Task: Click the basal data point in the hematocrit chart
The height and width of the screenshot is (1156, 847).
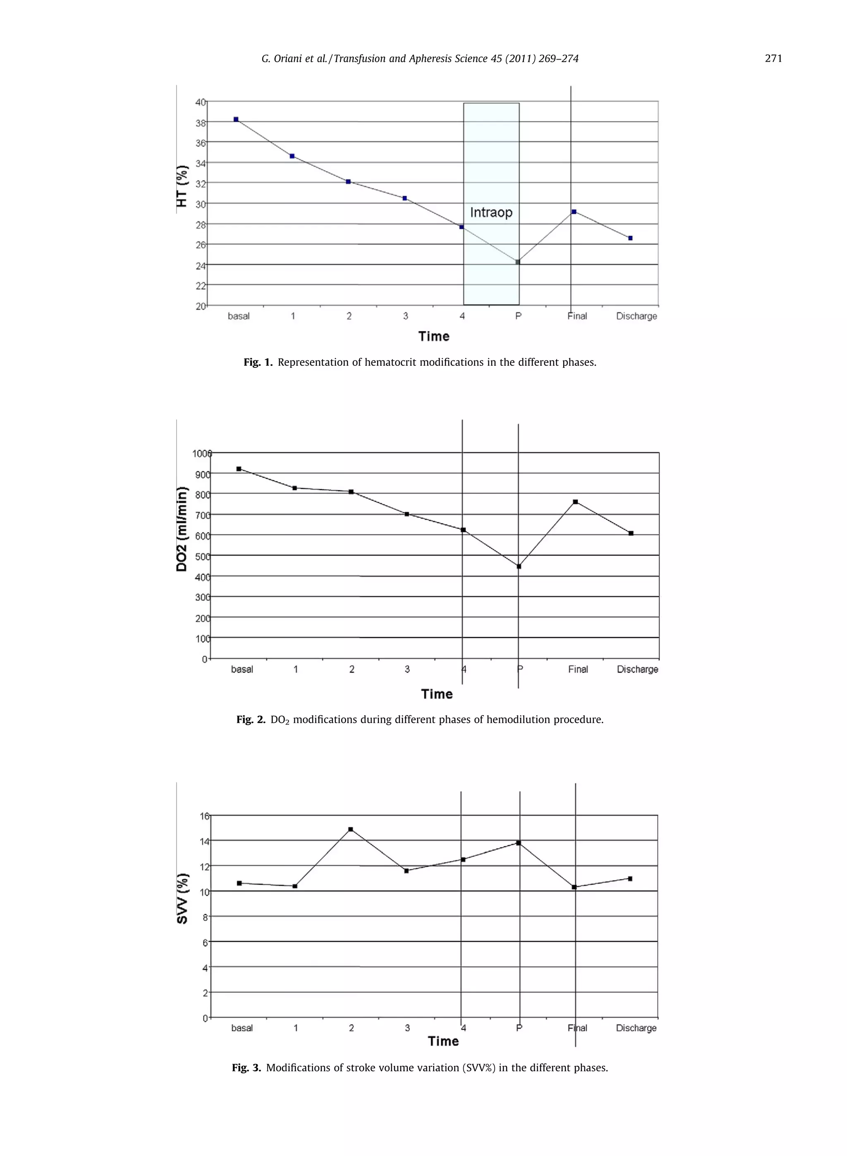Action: pos(236,120)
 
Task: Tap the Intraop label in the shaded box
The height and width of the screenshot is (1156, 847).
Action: pos(491,212)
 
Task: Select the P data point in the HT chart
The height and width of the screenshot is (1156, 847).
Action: pos(518,262)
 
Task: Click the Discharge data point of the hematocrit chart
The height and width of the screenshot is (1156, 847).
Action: pos(630,238)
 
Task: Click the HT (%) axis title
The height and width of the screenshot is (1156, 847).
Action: pos(182,186)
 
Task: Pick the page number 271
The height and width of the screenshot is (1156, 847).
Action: pos(773,58)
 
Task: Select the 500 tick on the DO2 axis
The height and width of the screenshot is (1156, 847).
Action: pos(202,556)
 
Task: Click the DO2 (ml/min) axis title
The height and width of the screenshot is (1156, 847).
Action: pos(182,529)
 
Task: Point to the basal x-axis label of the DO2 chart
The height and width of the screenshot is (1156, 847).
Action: pos(242,669)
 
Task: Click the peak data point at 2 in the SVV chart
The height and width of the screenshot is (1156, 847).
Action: pos(351,829)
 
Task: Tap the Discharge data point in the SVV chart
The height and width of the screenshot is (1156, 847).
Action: pos(630,878)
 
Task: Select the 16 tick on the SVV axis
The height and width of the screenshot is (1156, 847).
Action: pos(204,816)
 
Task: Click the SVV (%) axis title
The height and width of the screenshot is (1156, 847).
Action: pos(182,899)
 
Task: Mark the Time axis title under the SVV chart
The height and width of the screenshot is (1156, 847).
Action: pos(443,1041)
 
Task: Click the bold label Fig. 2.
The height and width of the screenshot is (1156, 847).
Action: pos(251,720)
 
